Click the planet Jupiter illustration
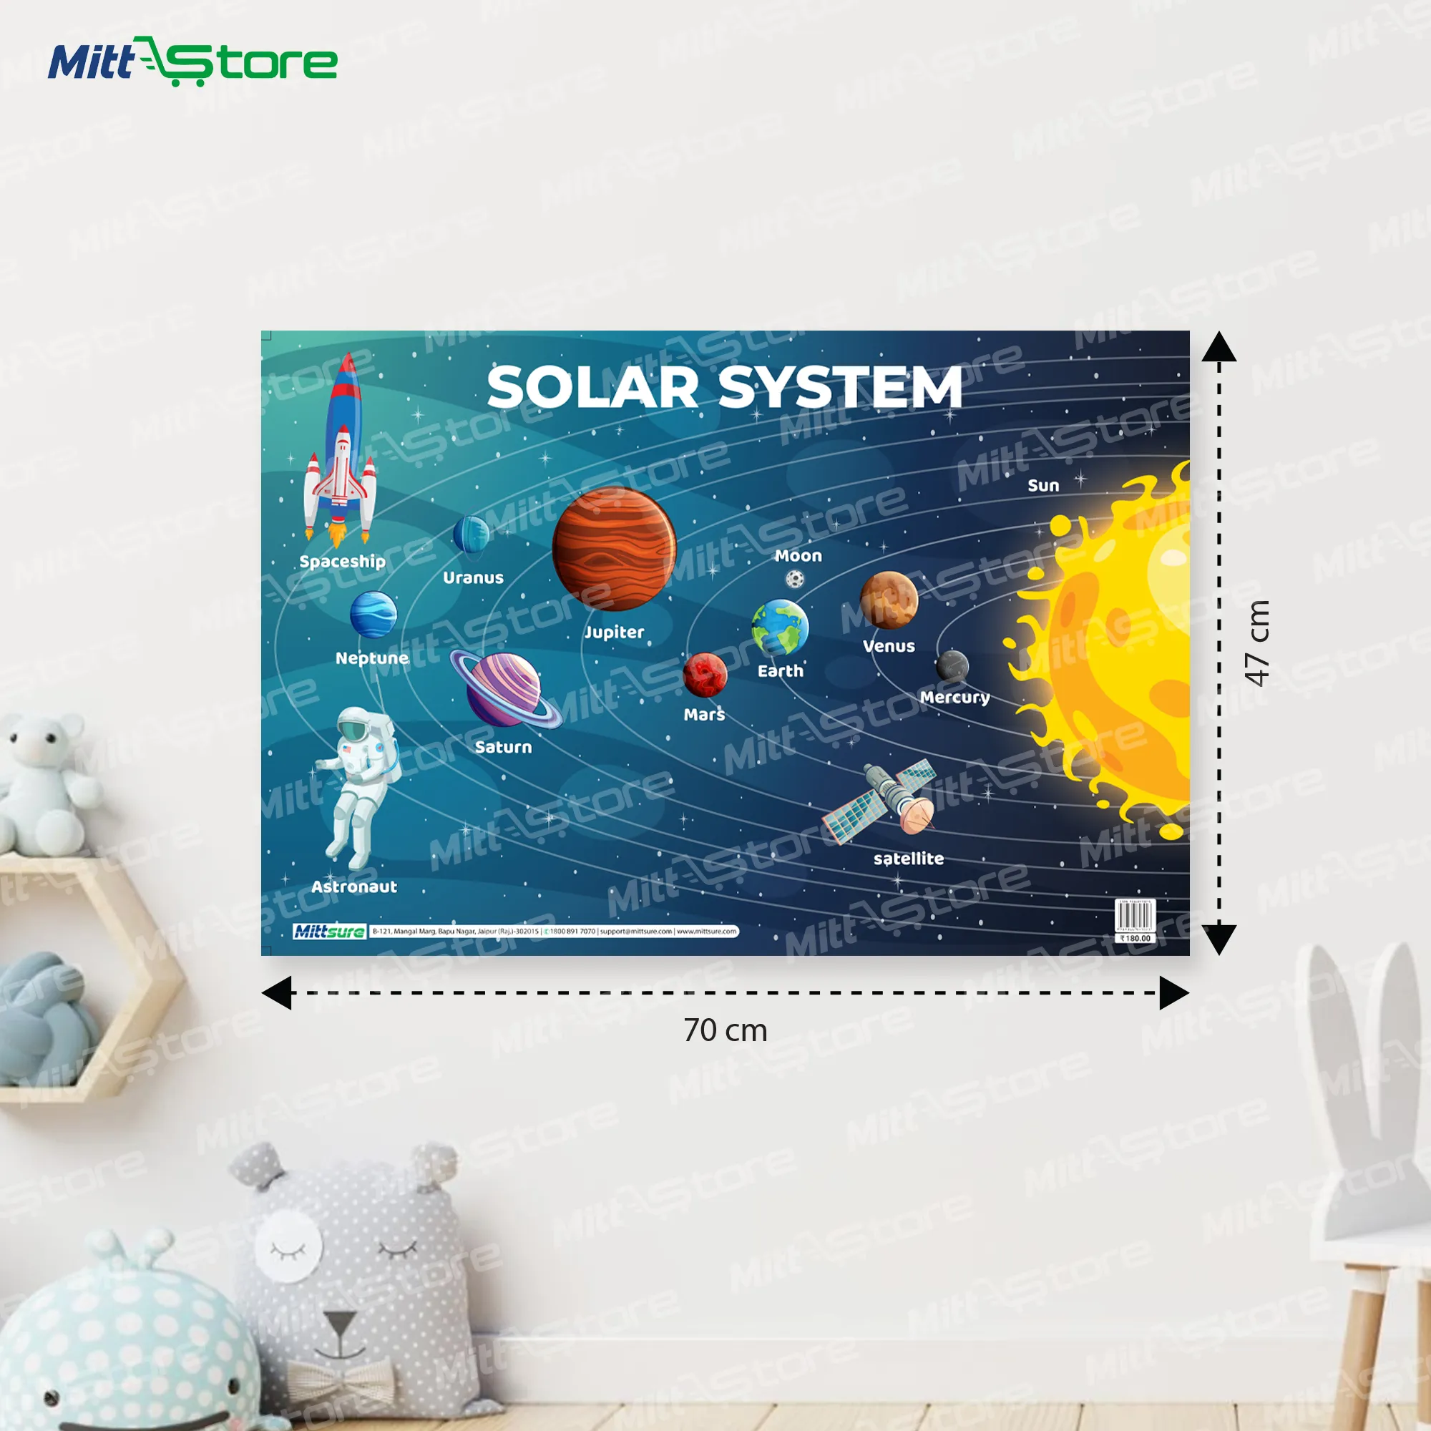point(613,549)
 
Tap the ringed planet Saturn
point(504,690)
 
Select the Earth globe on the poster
point(779,627)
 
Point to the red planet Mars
point(704,675)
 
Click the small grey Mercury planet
point(952,665)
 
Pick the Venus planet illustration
point(888,600)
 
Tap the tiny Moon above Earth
point(795,578)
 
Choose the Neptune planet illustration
point(373,614)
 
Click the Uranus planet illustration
point(471,534)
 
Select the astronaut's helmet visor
point(354,730)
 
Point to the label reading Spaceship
point(342,562)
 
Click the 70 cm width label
point(725,1030)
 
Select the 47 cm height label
point(1258,643)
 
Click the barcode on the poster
point(1135,916)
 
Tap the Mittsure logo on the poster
point(329,931)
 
